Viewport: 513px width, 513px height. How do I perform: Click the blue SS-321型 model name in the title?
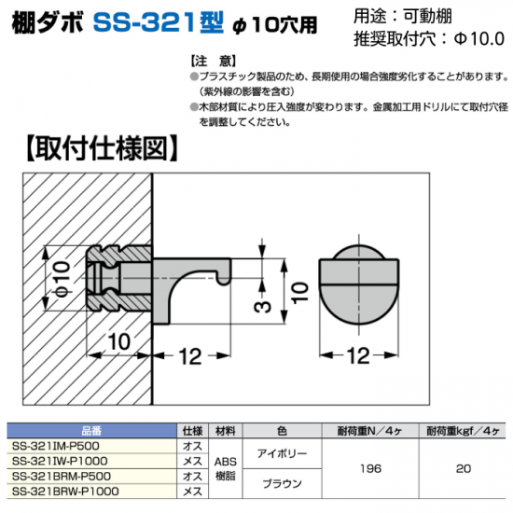[159, 23]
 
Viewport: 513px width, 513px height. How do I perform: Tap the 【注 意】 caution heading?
[213, 62]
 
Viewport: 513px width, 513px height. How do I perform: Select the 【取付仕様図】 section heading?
[102, 148]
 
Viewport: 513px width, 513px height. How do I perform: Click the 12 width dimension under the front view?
[358, 355]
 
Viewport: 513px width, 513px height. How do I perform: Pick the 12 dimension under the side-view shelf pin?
[190, 356]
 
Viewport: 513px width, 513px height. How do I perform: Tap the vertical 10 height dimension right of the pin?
[300, 293]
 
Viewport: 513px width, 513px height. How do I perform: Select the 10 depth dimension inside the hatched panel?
[119, 342]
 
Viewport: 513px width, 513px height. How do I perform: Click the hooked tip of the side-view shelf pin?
[225, 274]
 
